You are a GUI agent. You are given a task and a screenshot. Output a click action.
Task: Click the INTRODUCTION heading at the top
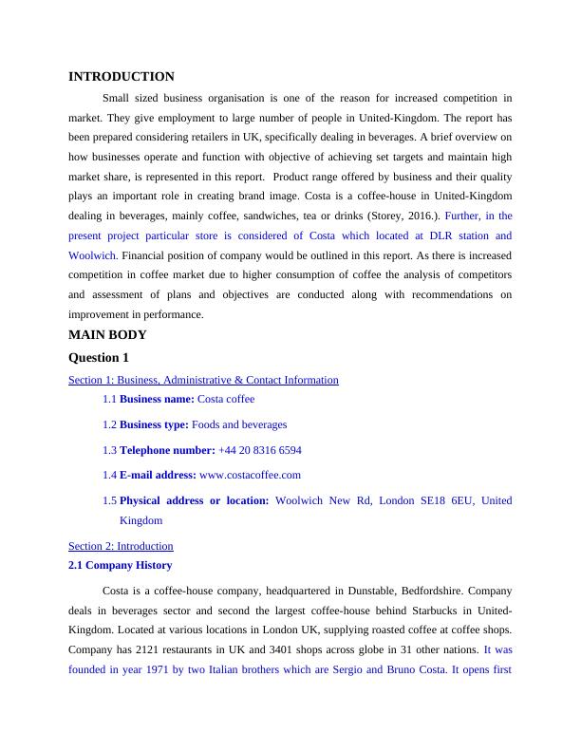[x=122, y=77]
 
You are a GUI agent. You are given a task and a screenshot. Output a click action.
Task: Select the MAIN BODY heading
[x=107, y=334]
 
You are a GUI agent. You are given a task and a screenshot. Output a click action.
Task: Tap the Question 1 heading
[x=99, y=358]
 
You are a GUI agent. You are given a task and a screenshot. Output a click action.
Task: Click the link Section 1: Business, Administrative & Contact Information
[x=203, y=380]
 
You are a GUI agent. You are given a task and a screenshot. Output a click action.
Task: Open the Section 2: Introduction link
[x=121, y=546]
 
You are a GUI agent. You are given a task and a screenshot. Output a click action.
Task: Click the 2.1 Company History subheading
[x=121, y=565]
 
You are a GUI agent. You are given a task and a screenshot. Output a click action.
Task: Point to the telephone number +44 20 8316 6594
[x=260, y=449]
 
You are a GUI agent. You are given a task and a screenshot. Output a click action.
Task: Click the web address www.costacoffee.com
[x=250, y=475]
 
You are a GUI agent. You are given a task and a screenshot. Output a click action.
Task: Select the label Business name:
[x=157, y=399]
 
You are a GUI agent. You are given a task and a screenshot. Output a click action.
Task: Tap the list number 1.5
[x=109, y=500]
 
